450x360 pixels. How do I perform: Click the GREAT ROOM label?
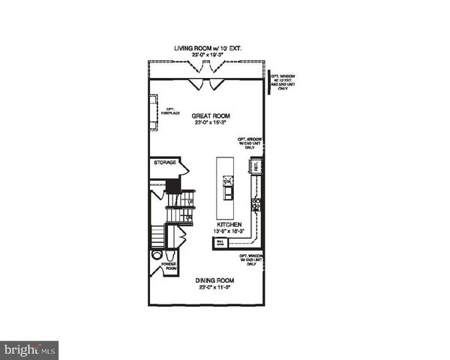click(210, 116)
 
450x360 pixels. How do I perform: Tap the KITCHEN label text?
click(229, 224)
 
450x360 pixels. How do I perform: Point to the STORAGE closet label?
click(165, 163)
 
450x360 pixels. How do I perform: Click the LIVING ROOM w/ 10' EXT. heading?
click(208, 47)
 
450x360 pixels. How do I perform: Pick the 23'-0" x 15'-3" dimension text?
click(210, 124)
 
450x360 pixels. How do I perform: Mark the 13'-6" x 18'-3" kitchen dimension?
click(229, 232)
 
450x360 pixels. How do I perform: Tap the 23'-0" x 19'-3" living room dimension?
click(208, 55)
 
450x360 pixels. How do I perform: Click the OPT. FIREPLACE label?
click(172, 113)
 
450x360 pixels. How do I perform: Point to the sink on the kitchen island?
click(228, 181)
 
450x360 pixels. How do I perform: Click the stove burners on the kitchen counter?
click(256, 202)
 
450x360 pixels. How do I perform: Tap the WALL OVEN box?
click(220, 242)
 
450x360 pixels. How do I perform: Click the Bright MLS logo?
click(30, 349)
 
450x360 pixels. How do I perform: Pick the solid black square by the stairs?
click(173, 184)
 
